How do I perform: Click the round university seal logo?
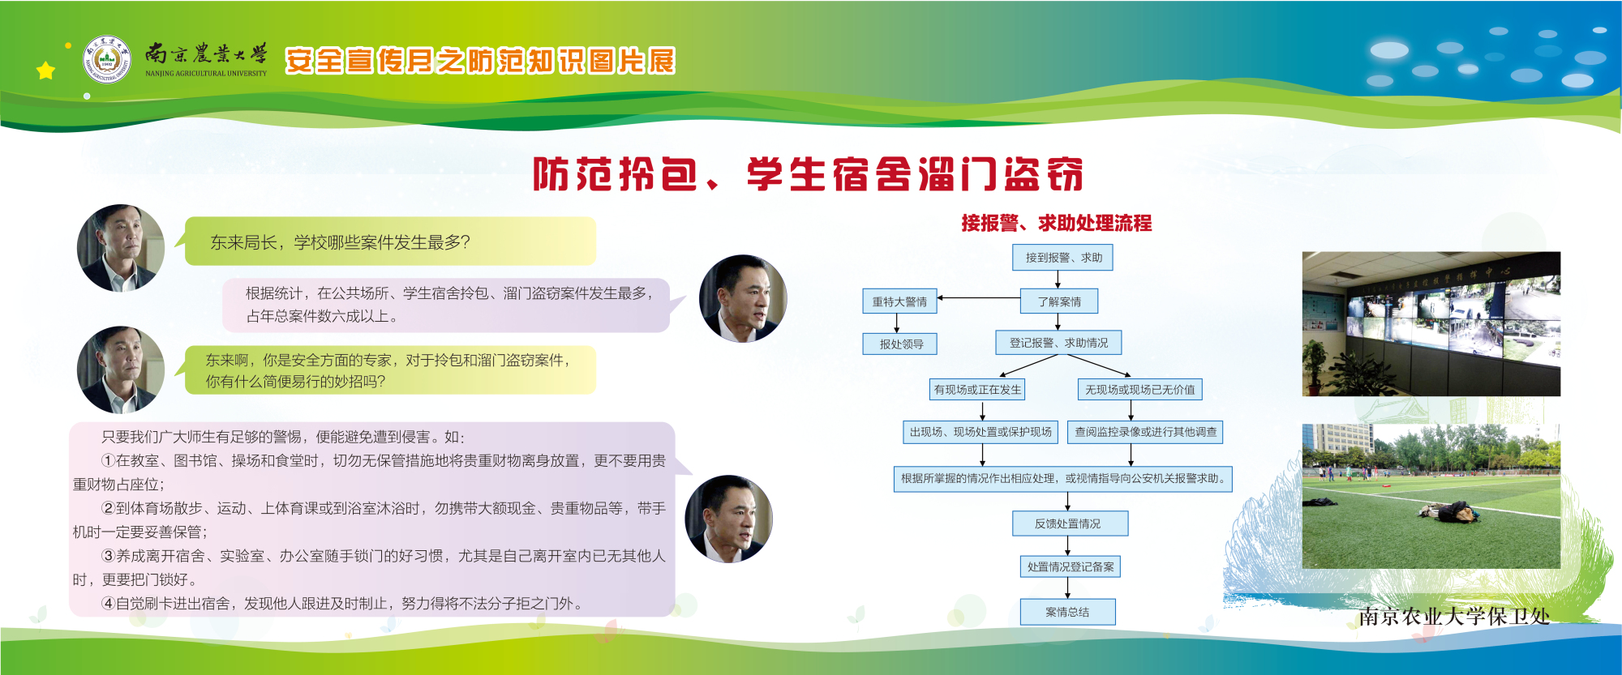tap(107, 59)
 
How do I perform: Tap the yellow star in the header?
tap(45, 71)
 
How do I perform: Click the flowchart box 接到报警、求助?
tap(1062, 258)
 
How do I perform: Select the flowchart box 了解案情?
tap(1059, 301)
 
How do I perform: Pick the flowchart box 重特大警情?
tap(899, 301)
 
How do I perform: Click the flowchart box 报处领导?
tap(901, 344)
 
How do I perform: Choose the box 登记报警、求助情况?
tap(1058, 343)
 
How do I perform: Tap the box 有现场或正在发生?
tap(977, 390)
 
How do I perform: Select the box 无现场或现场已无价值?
tap(1139, 390)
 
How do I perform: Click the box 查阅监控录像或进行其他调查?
tap(1145, 432)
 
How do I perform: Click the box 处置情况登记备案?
tap(1071, 566)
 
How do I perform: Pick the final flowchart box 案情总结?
tap(1067, 612)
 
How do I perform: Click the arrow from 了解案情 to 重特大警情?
tap(979, 298)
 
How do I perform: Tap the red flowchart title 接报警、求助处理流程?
tap(1056, 223)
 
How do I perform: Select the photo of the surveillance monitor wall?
tap(1431, 324)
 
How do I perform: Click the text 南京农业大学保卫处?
tap(1454, 617)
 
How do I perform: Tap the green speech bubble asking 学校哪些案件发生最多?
tap(389, 241)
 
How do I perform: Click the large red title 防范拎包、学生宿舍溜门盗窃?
tap(808, 174)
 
